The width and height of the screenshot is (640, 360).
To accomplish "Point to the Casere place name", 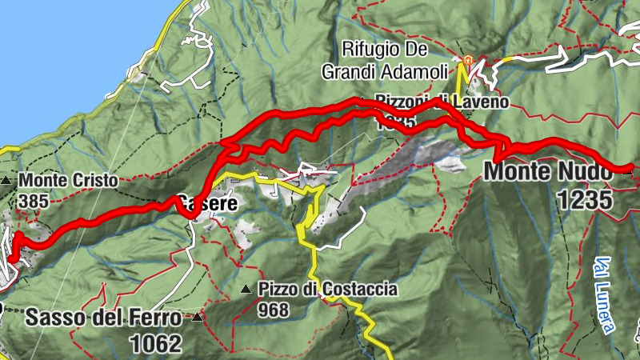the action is (208, 205).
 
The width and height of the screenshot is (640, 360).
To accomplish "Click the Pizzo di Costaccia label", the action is (327, 290).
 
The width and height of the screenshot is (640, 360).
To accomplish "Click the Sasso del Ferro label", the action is (104, 318).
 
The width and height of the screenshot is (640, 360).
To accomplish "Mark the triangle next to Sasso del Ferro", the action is (196, 318).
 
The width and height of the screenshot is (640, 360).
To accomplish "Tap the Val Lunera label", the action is (606, 294).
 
